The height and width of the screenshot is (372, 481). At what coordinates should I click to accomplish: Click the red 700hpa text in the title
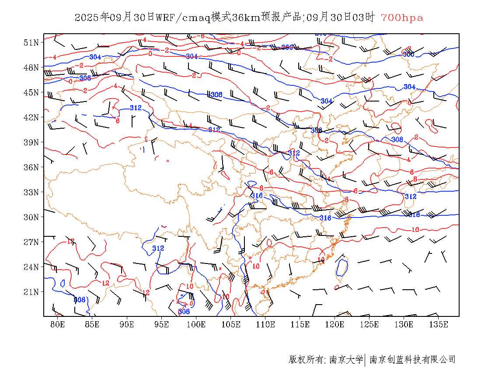tap(402, 18)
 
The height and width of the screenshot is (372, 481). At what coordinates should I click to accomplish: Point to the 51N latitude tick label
tap(31, 42)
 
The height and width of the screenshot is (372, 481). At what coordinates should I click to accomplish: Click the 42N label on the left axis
tap(31, 117)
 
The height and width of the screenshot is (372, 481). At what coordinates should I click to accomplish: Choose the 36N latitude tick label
tap(31, 167)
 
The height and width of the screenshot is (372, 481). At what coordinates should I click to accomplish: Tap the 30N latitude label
tap(31, 217)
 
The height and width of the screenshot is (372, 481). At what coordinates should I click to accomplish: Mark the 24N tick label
tap(31, 267)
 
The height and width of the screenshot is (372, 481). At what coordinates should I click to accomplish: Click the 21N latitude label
tap(31, 292)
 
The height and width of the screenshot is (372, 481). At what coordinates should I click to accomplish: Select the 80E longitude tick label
tap(58, 324)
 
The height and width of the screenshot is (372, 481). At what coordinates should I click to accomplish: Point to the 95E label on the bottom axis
tap(162, 324)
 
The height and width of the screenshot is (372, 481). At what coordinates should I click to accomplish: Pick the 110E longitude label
tap(265, 324)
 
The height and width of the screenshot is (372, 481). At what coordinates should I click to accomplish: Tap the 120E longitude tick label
tap(335, 324)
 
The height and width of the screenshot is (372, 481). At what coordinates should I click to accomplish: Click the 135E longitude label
tap(439, 324)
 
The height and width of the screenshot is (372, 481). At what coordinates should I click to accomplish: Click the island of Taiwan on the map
tap(342, 267)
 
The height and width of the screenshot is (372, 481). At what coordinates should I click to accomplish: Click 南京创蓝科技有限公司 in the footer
tap(412, 360)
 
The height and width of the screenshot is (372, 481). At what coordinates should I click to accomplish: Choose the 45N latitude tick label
tap(31, 92)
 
